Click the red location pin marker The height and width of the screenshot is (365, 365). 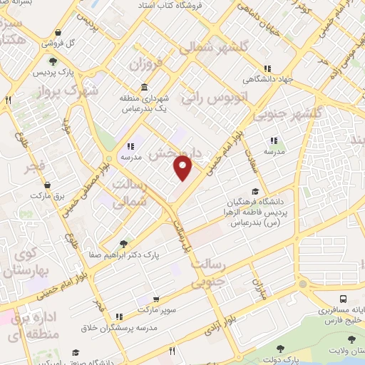point(183,168)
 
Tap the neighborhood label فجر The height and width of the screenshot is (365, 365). point(34,168)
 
